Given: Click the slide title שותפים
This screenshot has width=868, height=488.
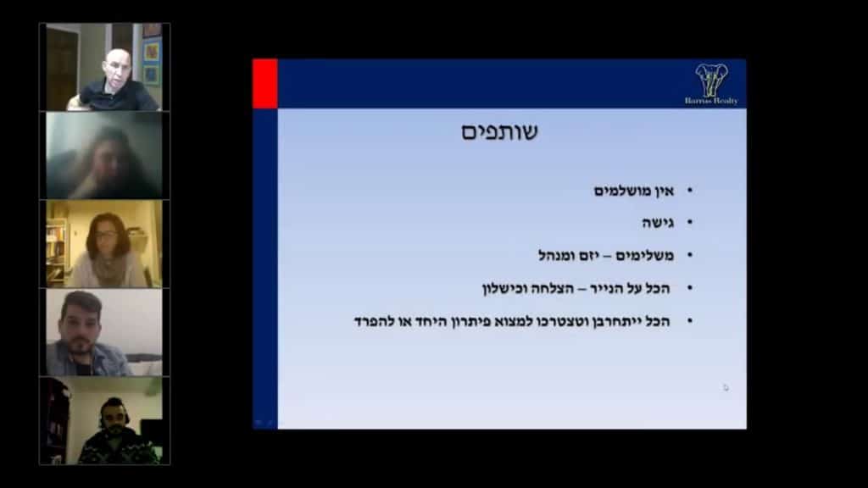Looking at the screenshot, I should (x=499, y=133).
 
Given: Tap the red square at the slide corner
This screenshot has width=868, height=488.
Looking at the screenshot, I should (x=265, y=83).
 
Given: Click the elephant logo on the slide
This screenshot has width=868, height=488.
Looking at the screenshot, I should (x=711, y=79).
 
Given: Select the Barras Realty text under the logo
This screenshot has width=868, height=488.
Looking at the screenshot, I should (x=711, y=101).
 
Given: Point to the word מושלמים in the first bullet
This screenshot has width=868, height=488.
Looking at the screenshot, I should (x=624, y=191).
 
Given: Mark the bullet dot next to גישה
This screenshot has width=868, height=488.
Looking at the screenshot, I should (x=689, y=223).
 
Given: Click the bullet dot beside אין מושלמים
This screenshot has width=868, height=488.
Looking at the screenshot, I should (x=689, y=191).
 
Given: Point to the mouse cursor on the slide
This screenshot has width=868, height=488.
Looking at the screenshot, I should (x=726, y=387).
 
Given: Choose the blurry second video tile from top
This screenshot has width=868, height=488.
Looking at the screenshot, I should (x=104, y=155).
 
